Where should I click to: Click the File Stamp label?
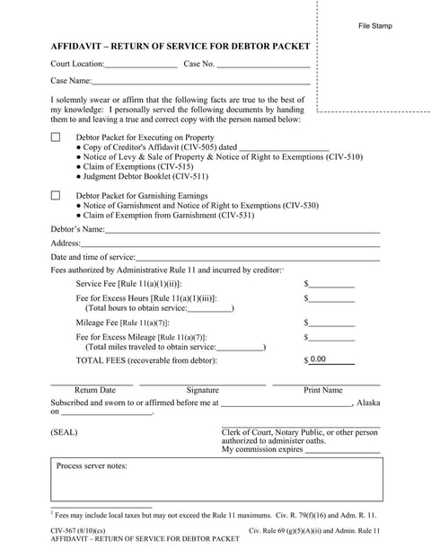374,26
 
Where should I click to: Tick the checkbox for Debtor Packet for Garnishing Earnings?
56,195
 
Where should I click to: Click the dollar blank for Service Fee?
332,285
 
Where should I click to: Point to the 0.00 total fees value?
318,359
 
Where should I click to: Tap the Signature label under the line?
202,391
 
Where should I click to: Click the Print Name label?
323,391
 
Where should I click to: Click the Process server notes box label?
92,466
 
